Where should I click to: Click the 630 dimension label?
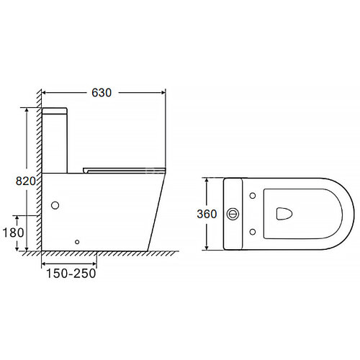pyautogui.click(x=102, y=93)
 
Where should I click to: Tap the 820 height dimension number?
pyautogui.click(x=26, y=181)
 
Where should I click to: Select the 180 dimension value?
pyautogui.click(x=13, y=233)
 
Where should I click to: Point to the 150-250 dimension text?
pyautogui.click(x=71, y=274)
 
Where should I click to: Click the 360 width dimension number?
pyautogui.click(x=207, y=214)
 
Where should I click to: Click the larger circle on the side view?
pyautogui.click(x=55, y=205)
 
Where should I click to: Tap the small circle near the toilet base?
pyautogui.click(x=77, y=242)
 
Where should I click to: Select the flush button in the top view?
pyautogui.click(x=233, y=214)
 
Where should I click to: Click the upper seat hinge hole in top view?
pyautogui.click(x=253, y=196)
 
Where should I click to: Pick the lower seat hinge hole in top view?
pyautogui.click(x=253, y=232)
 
